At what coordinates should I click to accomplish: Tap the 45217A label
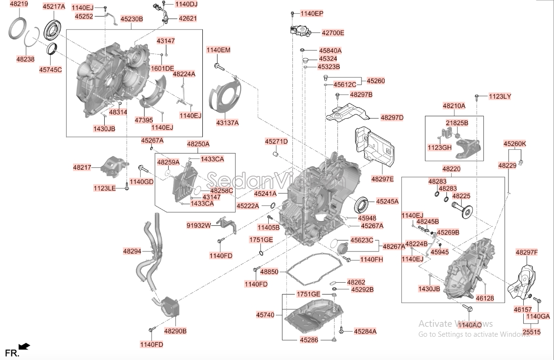click(54, 7)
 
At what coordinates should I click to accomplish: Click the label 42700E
click(333, 33)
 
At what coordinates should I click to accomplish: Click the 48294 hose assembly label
click(132, 251)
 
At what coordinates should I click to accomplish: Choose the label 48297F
click(527, 252)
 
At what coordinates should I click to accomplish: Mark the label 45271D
click(276, 142)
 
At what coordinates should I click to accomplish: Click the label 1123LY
click(500, 96)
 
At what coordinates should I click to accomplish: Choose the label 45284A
click(365, 331)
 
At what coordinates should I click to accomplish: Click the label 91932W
click(199, 225)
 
